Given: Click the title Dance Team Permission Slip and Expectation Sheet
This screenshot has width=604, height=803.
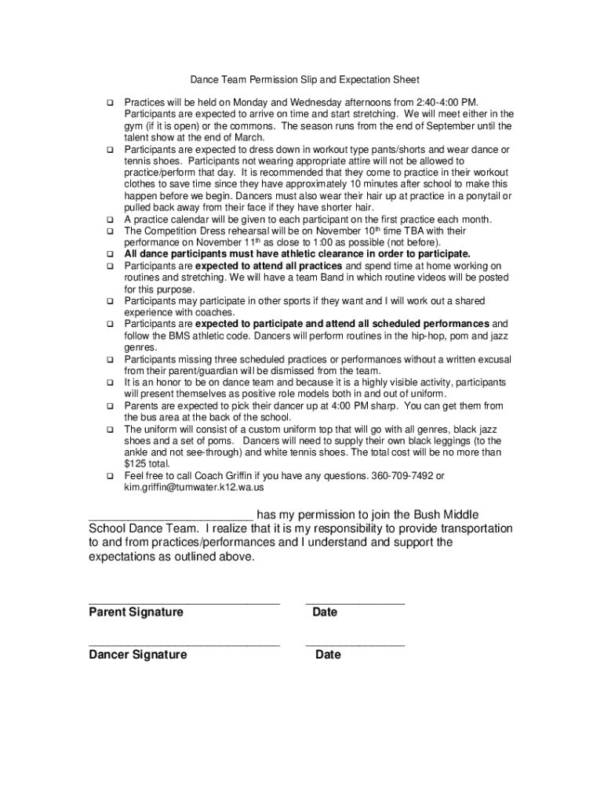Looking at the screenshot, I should click(x=305, y=80).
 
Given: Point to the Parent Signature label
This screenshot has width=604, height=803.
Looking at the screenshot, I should click(x=136, y=612).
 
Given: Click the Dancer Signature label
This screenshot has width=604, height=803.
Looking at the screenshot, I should click(x=138, y=655).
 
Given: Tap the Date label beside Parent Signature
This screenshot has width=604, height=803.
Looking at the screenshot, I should click(x=324, y=612).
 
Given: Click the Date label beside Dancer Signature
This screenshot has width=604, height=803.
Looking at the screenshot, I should click(x=328, y=655).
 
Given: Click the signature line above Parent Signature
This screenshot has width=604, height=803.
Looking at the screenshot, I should click(x=184, y=602).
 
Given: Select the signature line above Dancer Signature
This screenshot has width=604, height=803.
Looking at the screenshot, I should click(x=184, y=645).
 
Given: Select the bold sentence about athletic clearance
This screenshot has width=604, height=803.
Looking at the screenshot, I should click(x=297, y=254).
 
